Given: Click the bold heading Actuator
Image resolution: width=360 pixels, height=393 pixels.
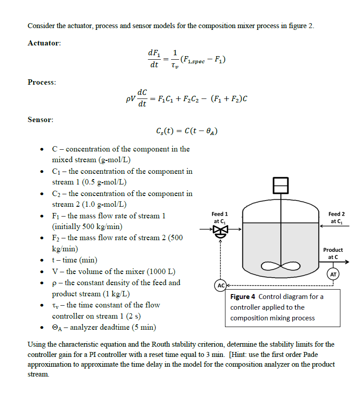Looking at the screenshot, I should [x=44, y=43].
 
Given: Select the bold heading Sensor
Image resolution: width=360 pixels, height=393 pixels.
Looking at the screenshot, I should [x=41, y=120].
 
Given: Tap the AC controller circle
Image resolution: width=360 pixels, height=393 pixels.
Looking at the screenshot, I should [x=220, y=285].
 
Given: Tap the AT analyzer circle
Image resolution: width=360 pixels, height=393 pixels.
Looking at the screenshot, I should [x=333, y=274].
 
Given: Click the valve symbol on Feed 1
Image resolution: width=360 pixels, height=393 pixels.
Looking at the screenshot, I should [x=220, y=230].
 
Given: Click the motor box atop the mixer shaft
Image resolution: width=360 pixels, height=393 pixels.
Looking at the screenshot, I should [x=281, y=184].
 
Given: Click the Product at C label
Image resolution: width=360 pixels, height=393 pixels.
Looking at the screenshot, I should [x=333, y=254].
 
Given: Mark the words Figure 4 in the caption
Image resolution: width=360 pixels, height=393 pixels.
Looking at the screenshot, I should [x=243, y=297].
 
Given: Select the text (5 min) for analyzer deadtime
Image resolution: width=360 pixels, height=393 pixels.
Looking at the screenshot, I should [x=142, y=327].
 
